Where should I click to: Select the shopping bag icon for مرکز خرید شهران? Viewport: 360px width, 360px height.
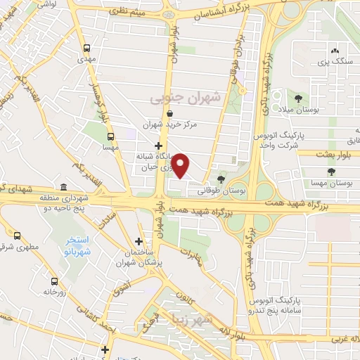[x=169, y=112]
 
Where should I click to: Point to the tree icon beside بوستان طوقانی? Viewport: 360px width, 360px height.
[x=222, y=179]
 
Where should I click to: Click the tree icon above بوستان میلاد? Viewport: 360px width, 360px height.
[x=300, y=99]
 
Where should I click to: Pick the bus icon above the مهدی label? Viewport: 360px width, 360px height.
[x=86, y=48]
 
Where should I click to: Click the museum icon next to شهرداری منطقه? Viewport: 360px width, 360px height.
[x=64, y=187]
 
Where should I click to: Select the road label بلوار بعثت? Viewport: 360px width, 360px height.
[x=325, y=153]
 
